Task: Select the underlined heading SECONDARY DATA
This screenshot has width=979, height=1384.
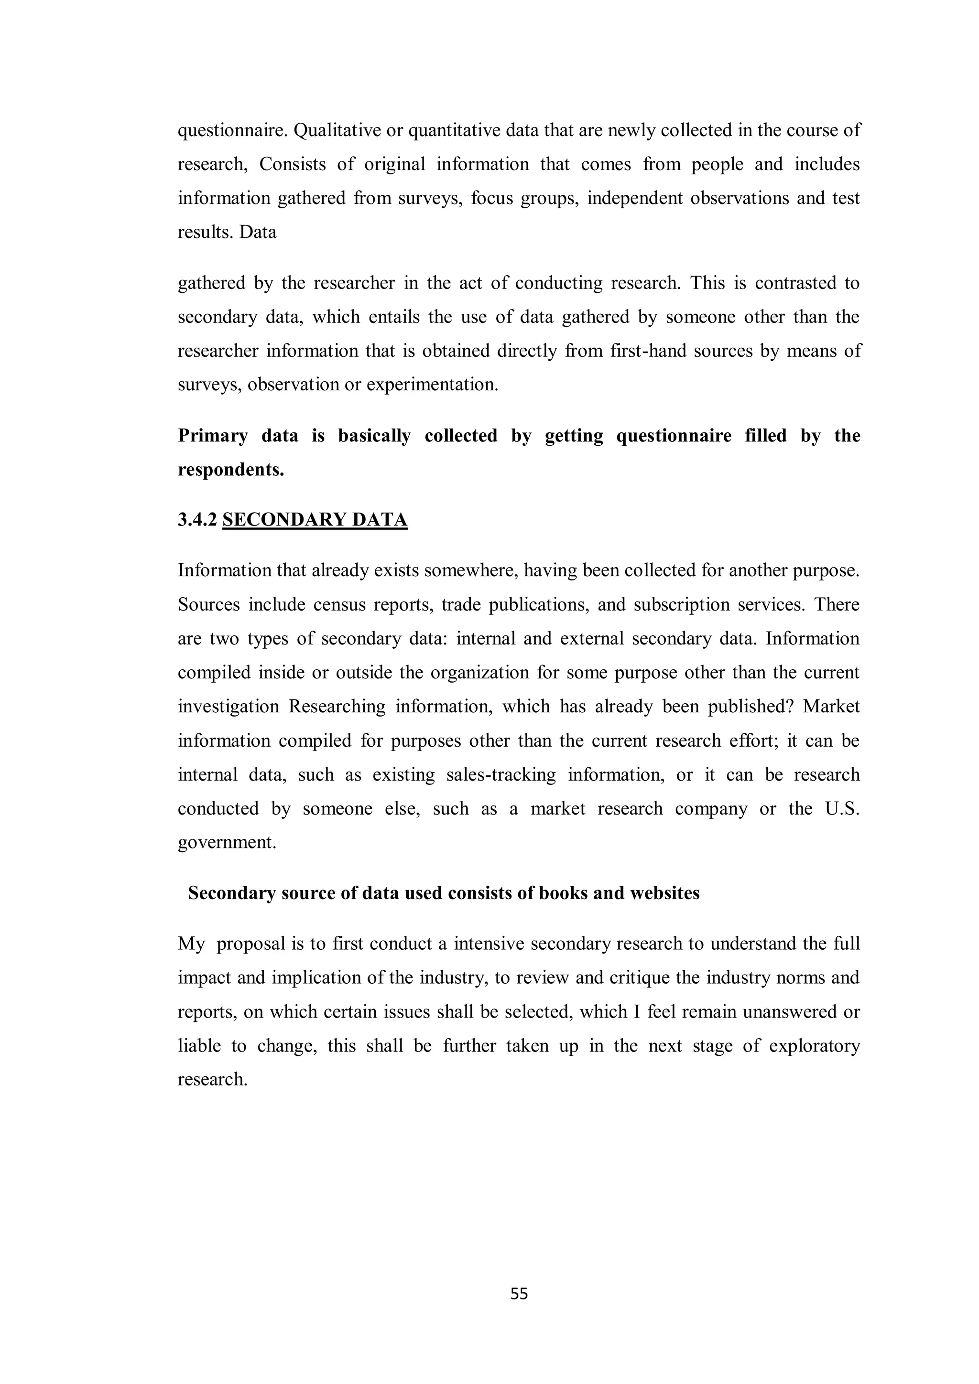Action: [x=315, y=520]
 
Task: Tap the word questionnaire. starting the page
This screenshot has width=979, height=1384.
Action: [x=232, y=131]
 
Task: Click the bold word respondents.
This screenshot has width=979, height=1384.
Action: [x=230, y=470]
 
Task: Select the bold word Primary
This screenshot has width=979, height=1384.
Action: [x=212, y=436]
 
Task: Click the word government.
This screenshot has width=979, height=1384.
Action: [x=227, y=843]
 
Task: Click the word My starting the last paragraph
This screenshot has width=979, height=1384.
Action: [x=191, y=944]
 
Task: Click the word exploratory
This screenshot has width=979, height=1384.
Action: [x=815, y=1046]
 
